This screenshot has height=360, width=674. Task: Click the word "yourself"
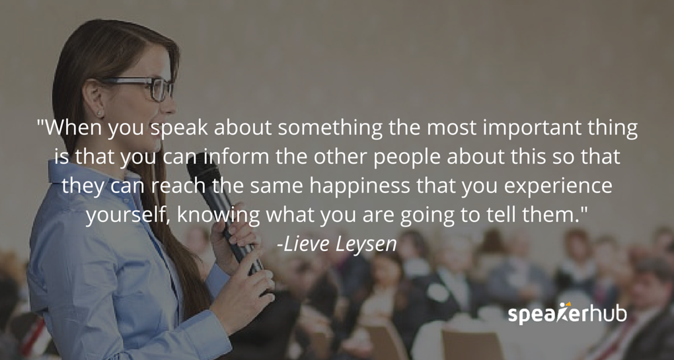click(130, 215)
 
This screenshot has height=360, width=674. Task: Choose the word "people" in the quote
click(401, 157)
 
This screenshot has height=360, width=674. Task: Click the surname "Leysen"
click(367, 244)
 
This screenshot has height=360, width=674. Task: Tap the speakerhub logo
click(567, 313)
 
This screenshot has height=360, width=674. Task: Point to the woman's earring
click(101, 113)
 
